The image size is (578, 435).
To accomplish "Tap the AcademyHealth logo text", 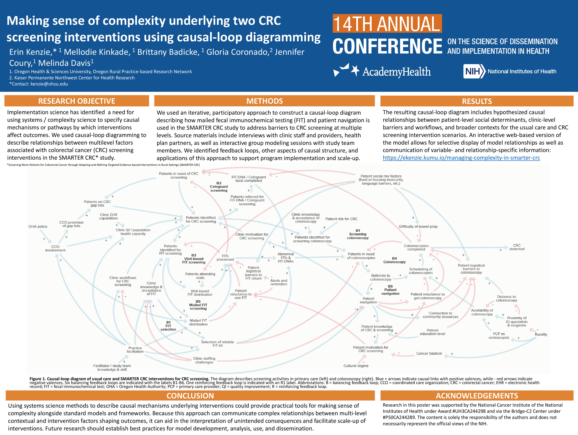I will pos(396,72).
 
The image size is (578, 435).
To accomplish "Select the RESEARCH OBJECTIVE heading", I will pos(77,101).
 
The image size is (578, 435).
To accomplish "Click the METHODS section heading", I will pos(264,101).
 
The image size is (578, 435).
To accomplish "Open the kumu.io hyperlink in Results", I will pos(461,158).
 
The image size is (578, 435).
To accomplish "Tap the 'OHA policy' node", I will pos(38,226).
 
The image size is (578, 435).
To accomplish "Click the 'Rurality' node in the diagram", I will pos(541,334).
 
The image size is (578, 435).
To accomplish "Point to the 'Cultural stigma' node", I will pos(356,366).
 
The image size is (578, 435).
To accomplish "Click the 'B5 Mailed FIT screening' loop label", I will pos(198,305).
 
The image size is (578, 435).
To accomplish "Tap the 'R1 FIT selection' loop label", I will pos(168,326).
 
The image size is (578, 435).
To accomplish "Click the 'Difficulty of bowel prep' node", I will pos(418,226).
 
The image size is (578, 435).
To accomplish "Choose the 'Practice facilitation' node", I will pos(135,350).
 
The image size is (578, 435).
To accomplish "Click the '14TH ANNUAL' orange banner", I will pos(387,24).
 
